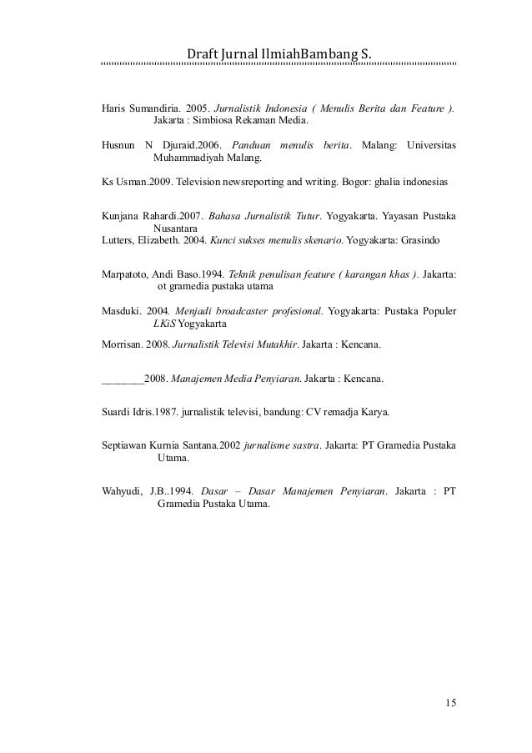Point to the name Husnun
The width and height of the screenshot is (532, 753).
click(x=118, y=145)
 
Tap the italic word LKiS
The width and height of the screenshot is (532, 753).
click(x=164, y=324)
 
